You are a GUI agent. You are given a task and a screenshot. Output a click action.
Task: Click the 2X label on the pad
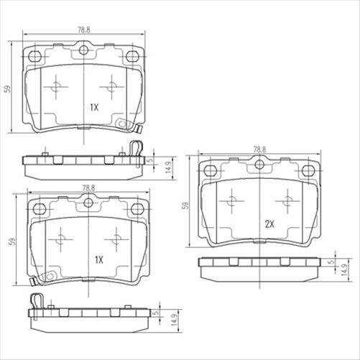point(270,224)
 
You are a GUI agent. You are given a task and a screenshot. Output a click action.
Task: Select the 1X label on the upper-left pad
point(93,107)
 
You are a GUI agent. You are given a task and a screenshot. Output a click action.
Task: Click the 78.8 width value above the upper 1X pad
point(85,30)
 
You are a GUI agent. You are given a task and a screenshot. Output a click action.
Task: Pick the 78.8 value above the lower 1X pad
point(88,188)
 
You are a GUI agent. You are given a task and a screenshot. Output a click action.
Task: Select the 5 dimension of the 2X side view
point(331,263)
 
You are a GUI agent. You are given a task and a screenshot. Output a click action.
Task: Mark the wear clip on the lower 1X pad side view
point(35,300)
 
